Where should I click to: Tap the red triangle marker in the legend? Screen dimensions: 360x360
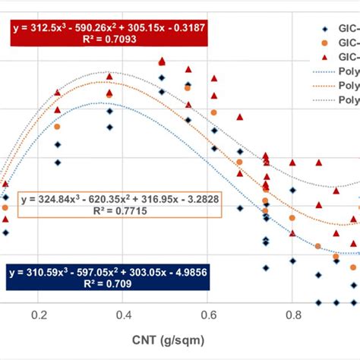(x=323, y=56)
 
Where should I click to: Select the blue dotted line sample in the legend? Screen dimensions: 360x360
(x=323, y=71)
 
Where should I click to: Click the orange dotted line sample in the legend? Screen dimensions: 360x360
(x=323, y=85)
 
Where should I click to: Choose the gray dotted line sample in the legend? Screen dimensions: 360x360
(x=323, y=99)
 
